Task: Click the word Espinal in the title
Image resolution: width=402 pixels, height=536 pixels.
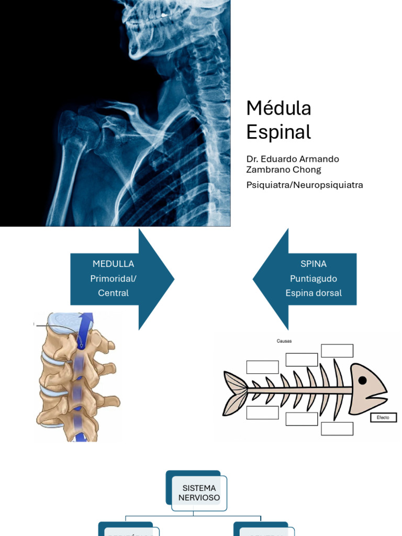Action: click(x=278, y=132)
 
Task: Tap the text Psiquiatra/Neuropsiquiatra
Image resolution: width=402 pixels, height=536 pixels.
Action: click(x=305, y=185)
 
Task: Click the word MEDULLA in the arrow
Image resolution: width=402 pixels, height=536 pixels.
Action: click(x=113, y=264)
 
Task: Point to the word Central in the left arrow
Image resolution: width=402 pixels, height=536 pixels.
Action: click(x=113, y=293)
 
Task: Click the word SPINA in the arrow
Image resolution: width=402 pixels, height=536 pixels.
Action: click(x=314, y=264)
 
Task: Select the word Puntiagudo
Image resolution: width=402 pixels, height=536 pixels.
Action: click(x=314, y=278)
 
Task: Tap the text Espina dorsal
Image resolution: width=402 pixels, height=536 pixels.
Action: click(x=314, y=293)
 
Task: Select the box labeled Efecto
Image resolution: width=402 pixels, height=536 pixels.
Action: click(x=383, y=417)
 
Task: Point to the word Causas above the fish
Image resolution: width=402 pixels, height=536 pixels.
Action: click(x=284, y=341)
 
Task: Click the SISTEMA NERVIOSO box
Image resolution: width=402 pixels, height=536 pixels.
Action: click(x=198, y=493)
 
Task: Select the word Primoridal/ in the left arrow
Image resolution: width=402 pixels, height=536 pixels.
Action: click(x=113, y=278)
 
